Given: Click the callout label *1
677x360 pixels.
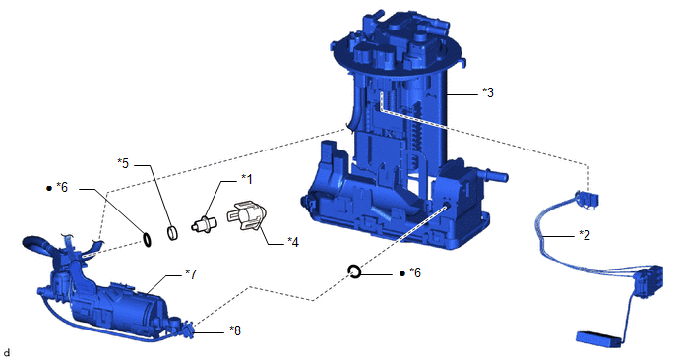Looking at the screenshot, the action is click(x=247, y=179).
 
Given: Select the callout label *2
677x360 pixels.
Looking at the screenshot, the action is click(x=585, y=235).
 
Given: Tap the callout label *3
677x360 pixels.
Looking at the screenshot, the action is click(x=488, y=92).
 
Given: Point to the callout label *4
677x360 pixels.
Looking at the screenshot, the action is click(x=293, y=242).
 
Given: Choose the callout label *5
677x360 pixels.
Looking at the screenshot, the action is click(x=123, y=163).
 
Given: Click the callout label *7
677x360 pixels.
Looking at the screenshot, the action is click(x=191, y=273).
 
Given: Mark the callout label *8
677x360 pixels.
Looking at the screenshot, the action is click(x=235, y=330).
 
